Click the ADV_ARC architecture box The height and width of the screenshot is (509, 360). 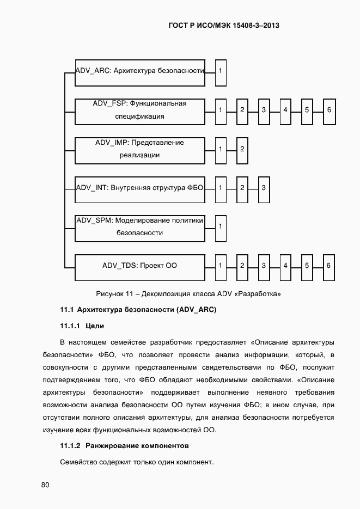click(x=140, y=71)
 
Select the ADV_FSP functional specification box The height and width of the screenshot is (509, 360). click(x=140, y=111)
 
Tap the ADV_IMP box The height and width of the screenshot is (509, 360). click(x=140, y=149)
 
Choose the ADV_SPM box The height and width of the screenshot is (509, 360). click(x=140, y=227)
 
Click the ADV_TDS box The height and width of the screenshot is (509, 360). click(x=140, y=266)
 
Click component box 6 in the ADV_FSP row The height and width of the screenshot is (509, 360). click(x=329, y=111)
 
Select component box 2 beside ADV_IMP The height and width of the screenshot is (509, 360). click(x=242, y=149)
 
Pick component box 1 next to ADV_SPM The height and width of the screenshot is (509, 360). click(x=220, y=227)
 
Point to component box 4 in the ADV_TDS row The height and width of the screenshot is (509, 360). click(x=285, y=266)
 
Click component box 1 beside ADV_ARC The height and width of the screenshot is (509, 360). click(x=220, y=71)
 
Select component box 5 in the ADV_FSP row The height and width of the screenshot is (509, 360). click(x=307, y=111)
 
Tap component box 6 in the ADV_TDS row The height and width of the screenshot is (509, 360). click(x=329, y=266)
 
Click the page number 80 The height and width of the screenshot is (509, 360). click(x=45, y=485)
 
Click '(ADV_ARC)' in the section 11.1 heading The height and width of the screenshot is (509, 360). click(x=196, y=310)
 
